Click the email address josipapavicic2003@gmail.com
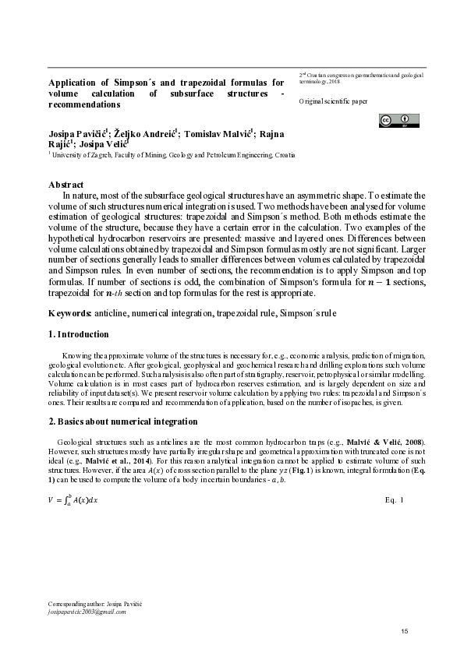click(x=87, y=612)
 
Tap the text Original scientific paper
click(x=333, y=102)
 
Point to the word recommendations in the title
click(x=84, y=103)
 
